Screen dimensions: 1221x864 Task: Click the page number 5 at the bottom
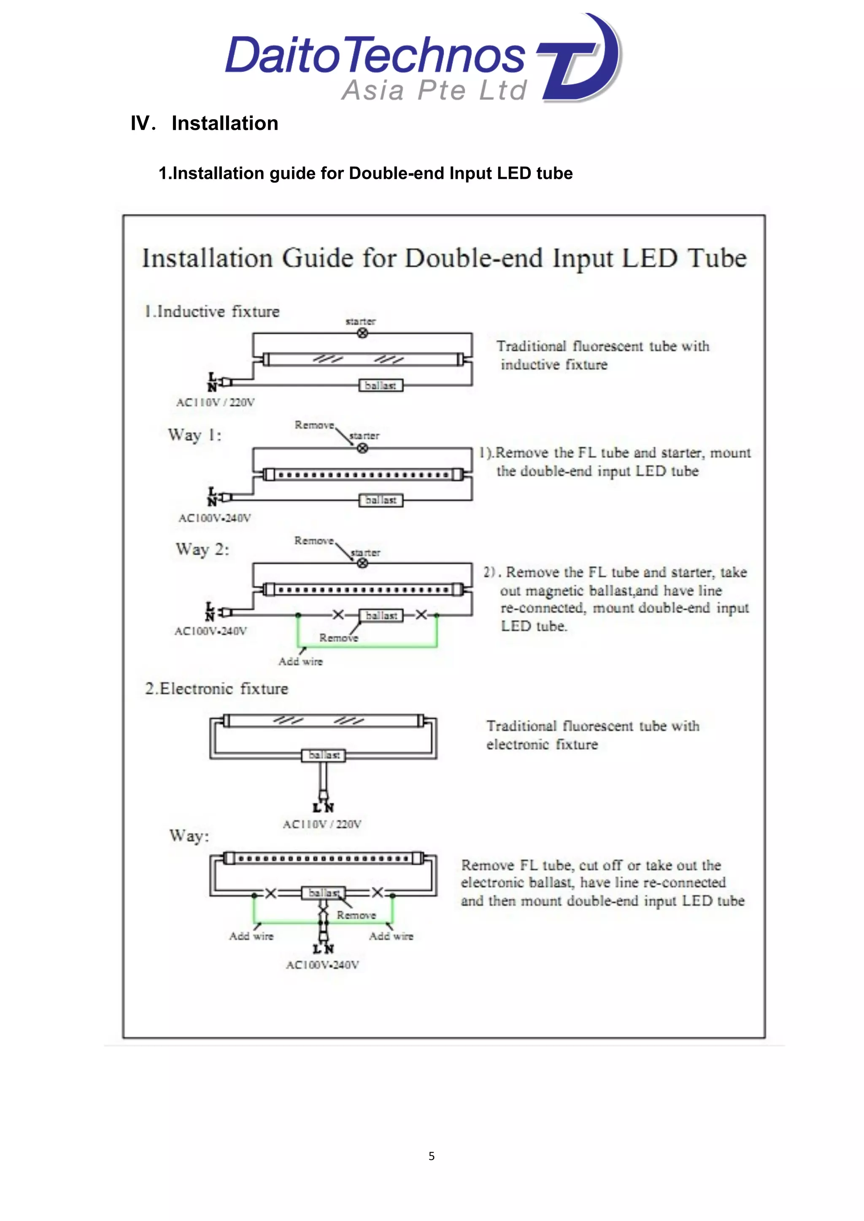[x=432, y=1156]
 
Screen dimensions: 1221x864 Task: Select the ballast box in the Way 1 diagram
[x=381, y=500]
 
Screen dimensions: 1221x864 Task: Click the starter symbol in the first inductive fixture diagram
[x=362, y=333]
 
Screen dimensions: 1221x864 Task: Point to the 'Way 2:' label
[x=202, y=549]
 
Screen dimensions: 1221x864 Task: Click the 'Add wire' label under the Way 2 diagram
[x=301, y=662]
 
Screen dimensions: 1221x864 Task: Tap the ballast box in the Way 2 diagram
[x=381, y=615]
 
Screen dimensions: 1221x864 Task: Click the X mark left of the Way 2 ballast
[x=338, y=615]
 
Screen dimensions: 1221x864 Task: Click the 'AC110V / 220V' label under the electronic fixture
[x=322, y=824]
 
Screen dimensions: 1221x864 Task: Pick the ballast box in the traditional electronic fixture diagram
[x=324, y=755]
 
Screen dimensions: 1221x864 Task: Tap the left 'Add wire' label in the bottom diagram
[x=251, y=936]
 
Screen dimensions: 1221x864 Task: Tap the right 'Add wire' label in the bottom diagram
[x=391, y=936]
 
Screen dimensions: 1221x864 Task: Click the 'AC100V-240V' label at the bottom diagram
[x=322, y=965]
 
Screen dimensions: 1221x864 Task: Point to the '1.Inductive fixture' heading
[x=212, y=312]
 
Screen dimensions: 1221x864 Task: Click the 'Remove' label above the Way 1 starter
[x=314, y=425]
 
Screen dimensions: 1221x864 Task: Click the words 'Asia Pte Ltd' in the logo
[x=434, y=90]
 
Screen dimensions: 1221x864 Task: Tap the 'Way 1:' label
[x=195, y=435]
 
